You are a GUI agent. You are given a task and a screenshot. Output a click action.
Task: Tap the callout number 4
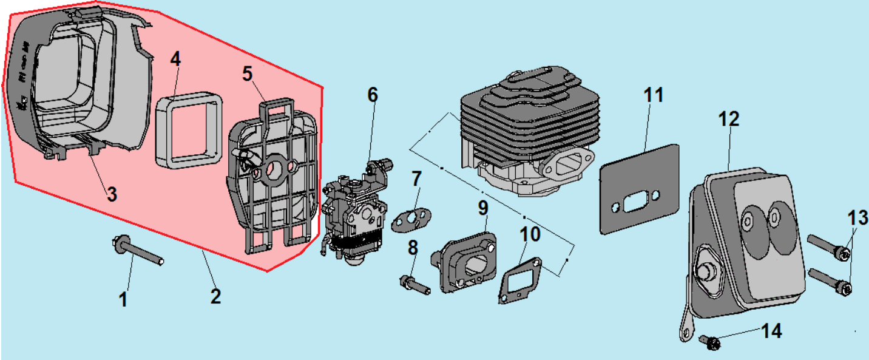click(175, 59)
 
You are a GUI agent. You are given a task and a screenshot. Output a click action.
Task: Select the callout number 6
click(372, 94)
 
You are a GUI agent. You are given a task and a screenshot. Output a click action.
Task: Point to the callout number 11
click(654, 95)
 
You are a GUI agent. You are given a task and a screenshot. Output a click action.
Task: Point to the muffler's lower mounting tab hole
click(685, 333)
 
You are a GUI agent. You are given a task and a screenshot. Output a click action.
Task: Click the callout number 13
click(858, 217)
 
